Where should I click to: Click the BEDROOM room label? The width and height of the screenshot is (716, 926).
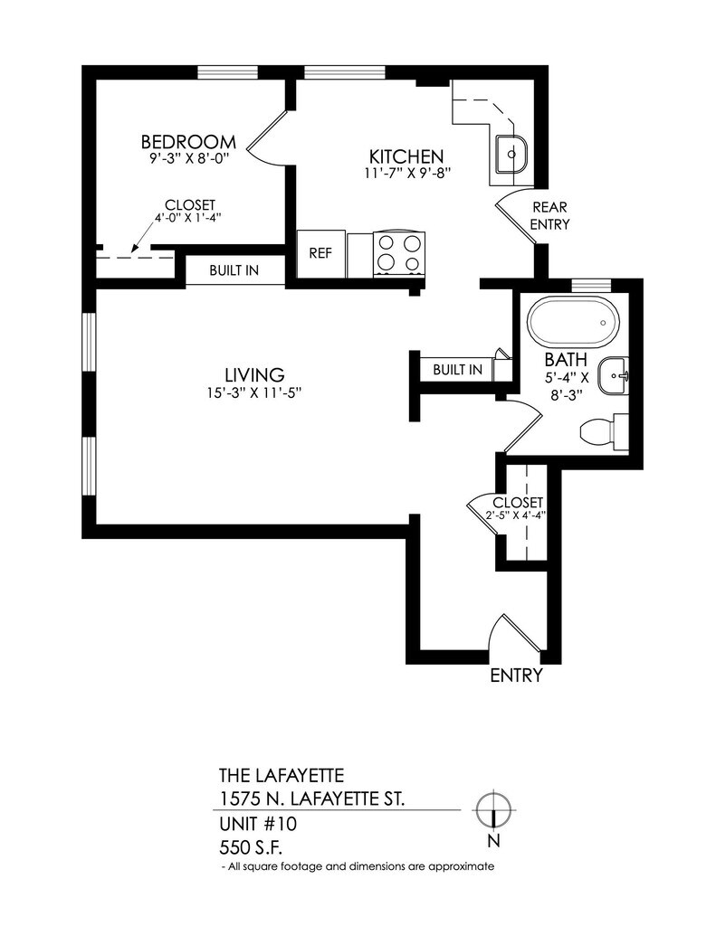[x=188, y=142]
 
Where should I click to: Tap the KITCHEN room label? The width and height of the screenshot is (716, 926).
[x=406, y=156]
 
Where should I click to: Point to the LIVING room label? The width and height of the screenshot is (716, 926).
[x=255, y=374]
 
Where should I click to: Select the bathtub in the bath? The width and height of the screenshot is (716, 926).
[x=573, y=323]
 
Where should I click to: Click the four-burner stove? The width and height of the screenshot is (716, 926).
[x=398, y=254]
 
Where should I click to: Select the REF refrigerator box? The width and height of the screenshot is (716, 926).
[x=320, y=253]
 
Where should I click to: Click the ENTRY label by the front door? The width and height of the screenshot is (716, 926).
[x=516, y=675]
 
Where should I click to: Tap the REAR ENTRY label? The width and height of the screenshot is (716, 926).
[x=549, y=215]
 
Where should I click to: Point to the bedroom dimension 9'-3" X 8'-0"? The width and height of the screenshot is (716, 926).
[x=189, y=158]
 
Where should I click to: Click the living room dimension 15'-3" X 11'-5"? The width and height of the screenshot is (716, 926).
[x=254, y=392]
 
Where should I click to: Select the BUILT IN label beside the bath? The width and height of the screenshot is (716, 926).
[x=458, y=370]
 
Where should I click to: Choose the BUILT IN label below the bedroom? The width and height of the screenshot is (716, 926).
[x=234, y=270]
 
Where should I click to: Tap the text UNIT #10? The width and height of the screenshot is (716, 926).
[x=258, y=823]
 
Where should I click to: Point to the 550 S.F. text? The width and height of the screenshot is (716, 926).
[x=251, y=848]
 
